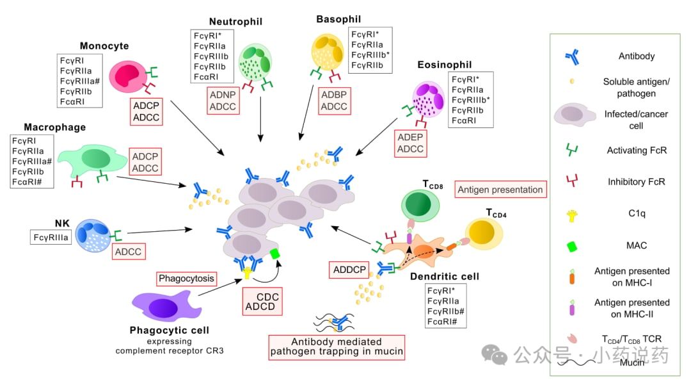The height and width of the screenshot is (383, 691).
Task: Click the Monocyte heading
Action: click(x=104, y=46)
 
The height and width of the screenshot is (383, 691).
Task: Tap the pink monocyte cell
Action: click(x=128, y=77)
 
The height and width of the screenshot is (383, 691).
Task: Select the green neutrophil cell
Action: click(x=255, y=63)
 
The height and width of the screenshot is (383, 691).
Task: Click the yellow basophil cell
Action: click(x=328, y=52)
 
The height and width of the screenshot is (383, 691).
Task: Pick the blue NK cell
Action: click(x=93, y=236)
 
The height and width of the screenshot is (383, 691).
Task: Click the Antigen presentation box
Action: click(x=500, y=190)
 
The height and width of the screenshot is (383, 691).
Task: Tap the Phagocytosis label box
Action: click(x=186, y=279)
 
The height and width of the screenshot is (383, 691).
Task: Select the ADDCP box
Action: click(x=349, y=270)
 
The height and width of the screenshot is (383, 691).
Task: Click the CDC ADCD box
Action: click(x=262, y=302)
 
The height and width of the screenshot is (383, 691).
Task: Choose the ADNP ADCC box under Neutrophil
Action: click(x=223, y=101)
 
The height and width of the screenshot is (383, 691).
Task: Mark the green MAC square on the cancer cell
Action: click(x=275, y=254)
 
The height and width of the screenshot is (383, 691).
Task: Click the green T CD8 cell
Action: click(x=420, y=205)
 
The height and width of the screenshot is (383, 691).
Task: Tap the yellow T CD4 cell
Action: click(x=484, y=233)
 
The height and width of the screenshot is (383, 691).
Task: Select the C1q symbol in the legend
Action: click(x=572, y=215)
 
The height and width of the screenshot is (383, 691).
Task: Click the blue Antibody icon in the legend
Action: click(x=573, y=57)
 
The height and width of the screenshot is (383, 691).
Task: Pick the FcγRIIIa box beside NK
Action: click(x=51, y=238)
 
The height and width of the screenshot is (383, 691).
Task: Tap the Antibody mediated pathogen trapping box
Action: click(x=337, y=347)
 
